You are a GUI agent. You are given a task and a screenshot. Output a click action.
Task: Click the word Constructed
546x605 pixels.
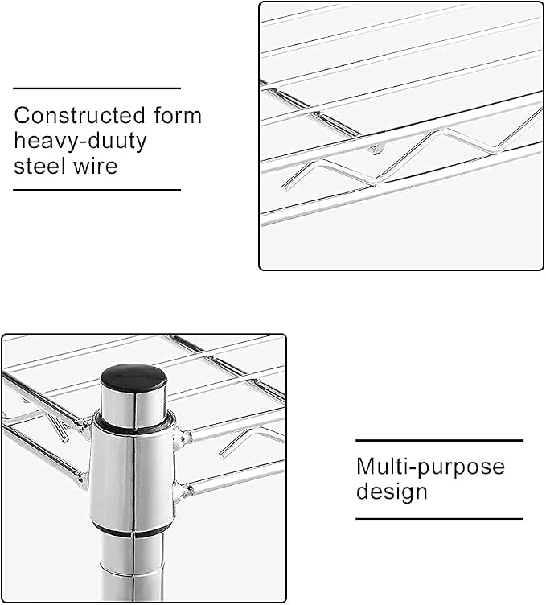[x=80, y=115]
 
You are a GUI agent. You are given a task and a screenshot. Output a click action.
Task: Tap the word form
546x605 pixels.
[x=178, y=115]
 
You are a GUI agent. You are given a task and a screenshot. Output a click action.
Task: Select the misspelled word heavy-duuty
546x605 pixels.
[x=80, y=142]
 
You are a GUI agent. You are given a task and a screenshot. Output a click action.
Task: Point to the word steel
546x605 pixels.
[x=39, y=167]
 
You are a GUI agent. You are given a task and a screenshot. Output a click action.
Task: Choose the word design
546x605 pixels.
[x=392, y=492]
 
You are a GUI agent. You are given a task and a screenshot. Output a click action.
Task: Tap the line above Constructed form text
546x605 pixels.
[x=96, y=88]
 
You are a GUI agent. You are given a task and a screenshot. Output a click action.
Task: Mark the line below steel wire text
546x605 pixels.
[x=96, y=190]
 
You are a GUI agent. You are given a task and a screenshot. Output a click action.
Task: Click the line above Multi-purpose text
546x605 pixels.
[x=439, y=440]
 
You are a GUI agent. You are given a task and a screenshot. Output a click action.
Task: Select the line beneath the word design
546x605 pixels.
[x=439, y=519]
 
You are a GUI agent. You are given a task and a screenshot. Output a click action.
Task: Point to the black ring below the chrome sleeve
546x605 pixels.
[x=131, y=530]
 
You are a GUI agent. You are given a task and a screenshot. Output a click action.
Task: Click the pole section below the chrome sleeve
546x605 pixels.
[x=132, y=567]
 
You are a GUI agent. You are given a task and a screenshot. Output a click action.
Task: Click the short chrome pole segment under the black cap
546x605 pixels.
[x=133, y=408]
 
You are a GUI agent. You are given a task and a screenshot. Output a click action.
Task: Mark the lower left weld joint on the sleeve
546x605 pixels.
[x=82, y=480]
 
